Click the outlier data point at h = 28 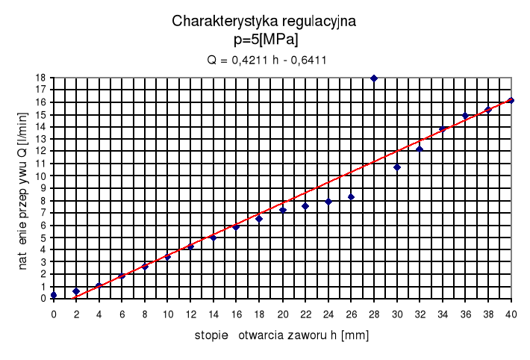[x=374, y=78]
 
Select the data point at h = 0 [x=54, y=295]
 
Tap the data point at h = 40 [x=511, y=100]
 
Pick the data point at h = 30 [x=397, y=167]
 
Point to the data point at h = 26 [x=351, y=197]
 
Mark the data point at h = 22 [x=305, y=206]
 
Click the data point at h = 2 [x=76, y=291]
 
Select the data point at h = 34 [x=443, y=129]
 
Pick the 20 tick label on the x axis [x=282, y=314]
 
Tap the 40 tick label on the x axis [x=511, y=314]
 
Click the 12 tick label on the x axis [x=190, y=314]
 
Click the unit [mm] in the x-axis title [x=354, y=335]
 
